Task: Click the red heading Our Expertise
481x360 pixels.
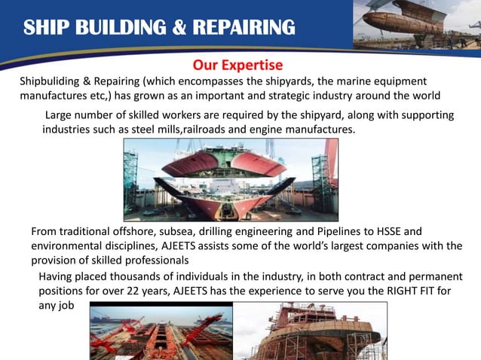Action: coord(237,66)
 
